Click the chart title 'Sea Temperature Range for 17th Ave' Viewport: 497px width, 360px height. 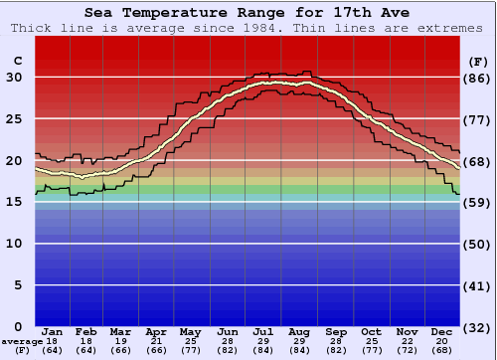(x=248, y=13)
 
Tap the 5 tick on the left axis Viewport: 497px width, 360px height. (x=17, y=285)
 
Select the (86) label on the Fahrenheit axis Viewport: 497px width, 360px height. (x=478, y=78)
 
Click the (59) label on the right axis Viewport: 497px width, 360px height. (x=478, y=202)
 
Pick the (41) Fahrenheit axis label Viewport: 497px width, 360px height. (x=478, y=285)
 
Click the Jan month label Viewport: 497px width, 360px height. (x=54, y=331)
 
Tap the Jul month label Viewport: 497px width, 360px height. (x=263, y=331)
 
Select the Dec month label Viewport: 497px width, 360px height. (x=441, y=331)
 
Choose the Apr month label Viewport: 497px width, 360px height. (x=156, y=331)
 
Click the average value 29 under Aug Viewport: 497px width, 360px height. (x=299, y=341)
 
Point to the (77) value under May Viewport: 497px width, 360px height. (x=190, y=350)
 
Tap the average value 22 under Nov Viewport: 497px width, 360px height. (x=406, y=341)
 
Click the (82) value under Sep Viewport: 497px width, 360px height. (x=335, y=350)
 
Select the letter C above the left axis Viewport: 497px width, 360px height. (x=17, y=61)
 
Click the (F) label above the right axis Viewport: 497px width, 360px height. (x=478, y=61)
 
